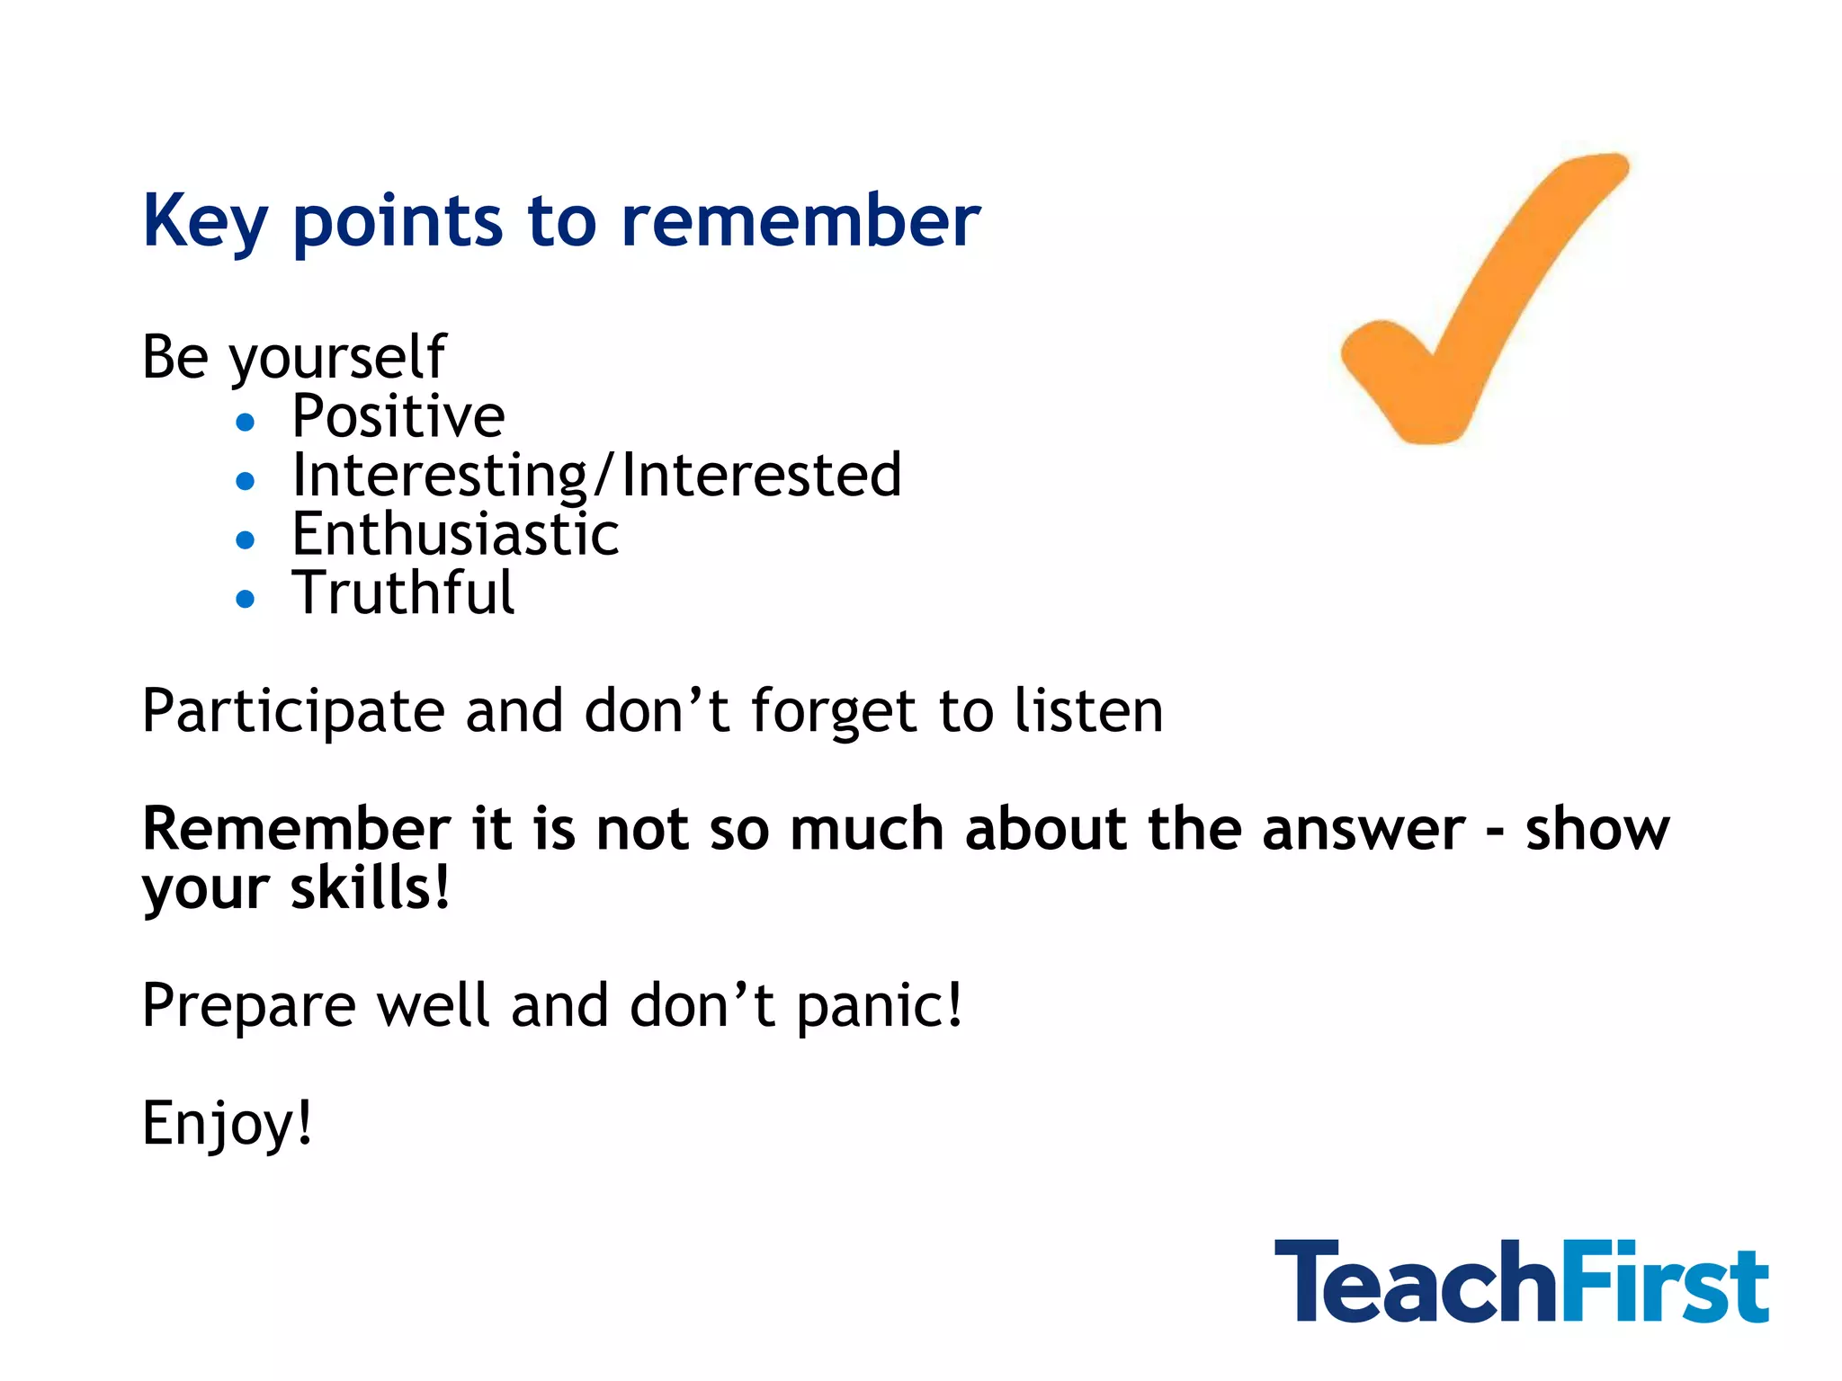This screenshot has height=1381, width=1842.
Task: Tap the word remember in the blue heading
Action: click(x=800, y=221)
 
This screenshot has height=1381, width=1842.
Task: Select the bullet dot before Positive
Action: click(x=245, y=422)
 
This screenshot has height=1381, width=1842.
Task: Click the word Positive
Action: click(x=398, y=416)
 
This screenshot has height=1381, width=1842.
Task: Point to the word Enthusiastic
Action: click(x=455, y=534)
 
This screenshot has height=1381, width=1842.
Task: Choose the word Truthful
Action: click(x=403, y=593)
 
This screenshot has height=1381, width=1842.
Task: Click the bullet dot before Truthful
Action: click(x=245, y=599)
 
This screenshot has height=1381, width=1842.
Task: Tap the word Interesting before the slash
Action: click(x=439, y=476)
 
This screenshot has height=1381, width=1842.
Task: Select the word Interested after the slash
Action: click(x=761, y=476)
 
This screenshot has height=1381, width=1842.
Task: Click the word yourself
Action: click(x=337, y=359)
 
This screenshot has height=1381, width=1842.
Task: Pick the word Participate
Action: click(x=293, y=712)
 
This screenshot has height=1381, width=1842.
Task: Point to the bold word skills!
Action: click(x=370, y=888)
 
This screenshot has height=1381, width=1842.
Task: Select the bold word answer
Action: click(x=1363, y=829)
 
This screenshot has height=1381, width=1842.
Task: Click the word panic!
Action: click(x=879, y=1006)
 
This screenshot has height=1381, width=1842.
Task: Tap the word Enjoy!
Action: click(x=228, y=1124)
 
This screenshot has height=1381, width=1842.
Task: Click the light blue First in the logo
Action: click(x=1663, y=1283)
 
